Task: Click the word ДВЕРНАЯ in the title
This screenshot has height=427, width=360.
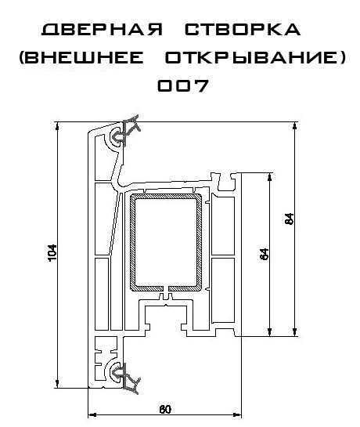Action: coord(103,30)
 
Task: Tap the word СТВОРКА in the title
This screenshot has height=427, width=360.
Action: coord(243,30)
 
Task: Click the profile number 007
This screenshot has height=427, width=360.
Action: coord(183,85)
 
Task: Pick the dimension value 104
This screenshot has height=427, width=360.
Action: coord(52,253)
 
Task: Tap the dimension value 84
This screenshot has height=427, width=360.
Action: coord(290,219)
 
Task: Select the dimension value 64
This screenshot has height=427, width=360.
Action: coord(265,254)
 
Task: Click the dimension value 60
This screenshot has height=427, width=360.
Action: coord(165,409)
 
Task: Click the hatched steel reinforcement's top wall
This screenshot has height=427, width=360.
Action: coord(166,196)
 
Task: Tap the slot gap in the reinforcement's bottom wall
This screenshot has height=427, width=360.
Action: coord(166,288)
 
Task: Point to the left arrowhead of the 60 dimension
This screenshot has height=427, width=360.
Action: coord(92,414)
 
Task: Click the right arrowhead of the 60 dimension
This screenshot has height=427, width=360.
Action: coord(238,414)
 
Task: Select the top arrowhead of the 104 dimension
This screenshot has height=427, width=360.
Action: coord(57,126)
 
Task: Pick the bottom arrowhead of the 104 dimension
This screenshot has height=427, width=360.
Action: coord(57,383)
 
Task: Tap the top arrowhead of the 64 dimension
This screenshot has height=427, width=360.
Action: coord(270,177)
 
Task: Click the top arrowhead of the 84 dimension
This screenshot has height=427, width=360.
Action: coord(295,126)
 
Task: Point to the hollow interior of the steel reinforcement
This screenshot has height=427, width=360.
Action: coord(166,242)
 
